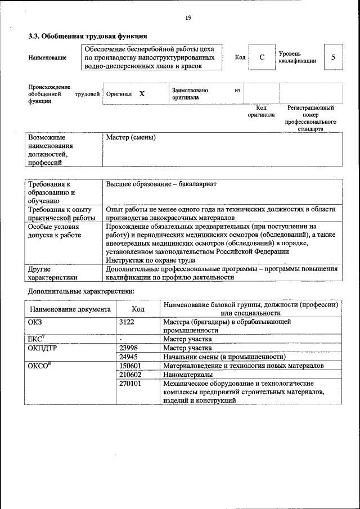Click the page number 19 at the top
pyautogui.click(x=188, y=18)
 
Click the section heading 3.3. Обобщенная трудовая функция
pyautogui.click(x=84, y=37)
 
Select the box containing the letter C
pyautogui.click(x=262, y=57)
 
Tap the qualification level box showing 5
pyautogui.click(x=333, y=57)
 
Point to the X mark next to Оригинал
pyautogui.click(x=142, y=94)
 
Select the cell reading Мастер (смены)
pyautogui.click(x=131, y=138)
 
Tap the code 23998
pyautogui.click(x=129, y=348)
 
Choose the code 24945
pyautogui.click(x=129, y=357)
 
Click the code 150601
pyautogui.click(x=130, y=366)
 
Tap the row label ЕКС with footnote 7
pyautogui.click(x=36, y=339)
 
